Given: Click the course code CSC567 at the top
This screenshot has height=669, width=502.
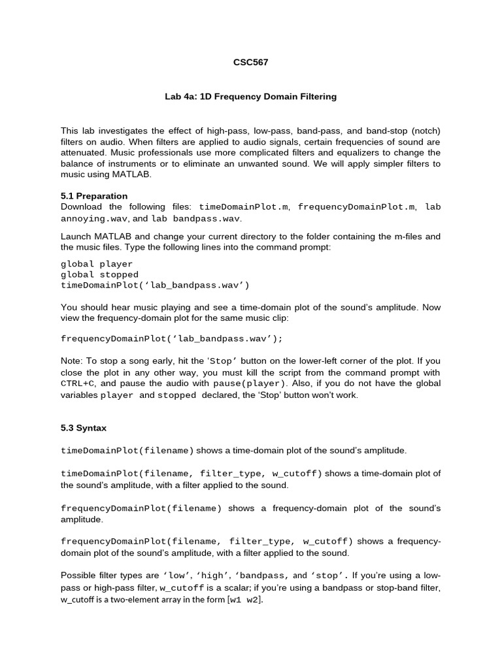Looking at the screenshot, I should [250, 63].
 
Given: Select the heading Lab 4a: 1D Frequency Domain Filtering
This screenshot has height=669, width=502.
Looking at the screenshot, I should [250, 97].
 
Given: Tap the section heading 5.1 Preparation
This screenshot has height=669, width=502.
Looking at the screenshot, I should [94, 196].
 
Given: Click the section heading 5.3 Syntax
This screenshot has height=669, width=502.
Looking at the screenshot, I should [84, 428].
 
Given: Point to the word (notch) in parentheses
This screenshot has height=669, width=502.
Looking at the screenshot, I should [422, 130].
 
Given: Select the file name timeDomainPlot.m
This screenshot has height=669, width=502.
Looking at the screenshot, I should [244, 207].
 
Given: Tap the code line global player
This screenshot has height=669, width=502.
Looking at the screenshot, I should [97, 265].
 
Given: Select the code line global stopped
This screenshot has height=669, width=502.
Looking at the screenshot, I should [99, 275].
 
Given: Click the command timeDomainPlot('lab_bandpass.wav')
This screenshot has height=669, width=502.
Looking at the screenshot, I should [155, 286].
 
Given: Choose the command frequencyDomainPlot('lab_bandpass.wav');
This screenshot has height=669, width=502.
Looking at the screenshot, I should [172, 339].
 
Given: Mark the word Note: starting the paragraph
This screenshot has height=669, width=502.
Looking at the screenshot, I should [73, 360].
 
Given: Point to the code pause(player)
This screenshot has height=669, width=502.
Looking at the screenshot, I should [249, 383].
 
